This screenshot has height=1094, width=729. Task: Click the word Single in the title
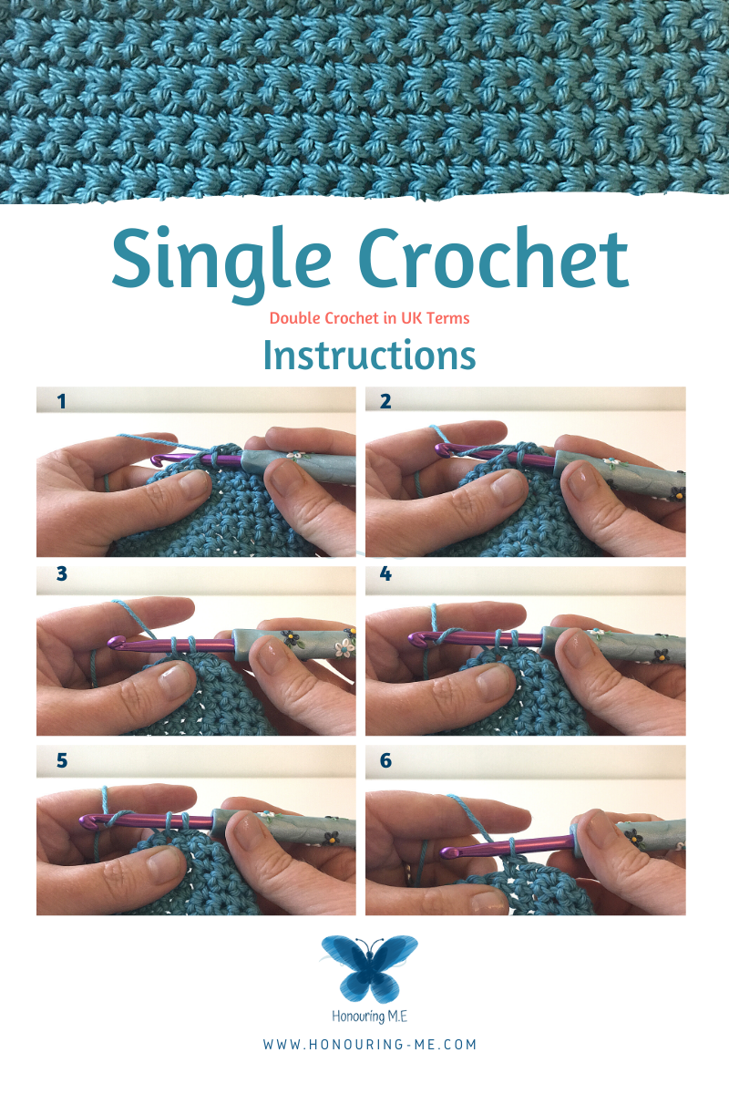221,264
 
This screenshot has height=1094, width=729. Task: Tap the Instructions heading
369,355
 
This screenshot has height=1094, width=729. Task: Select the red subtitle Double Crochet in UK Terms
369,318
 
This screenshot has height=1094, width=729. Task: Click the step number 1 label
62,401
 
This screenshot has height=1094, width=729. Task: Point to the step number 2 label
385,401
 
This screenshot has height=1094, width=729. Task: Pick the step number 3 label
62,573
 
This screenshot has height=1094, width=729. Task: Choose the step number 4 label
385,573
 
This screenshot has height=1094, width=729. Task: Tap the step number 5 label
62,760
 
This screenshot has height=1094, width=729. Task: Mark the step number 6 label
385,760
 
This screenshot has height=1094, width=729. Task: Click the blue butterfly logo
369,968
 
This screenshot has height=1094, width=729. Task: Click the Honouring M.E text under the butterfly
369,1017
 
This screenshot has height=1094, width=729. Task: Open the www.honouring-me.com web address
369,1044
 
